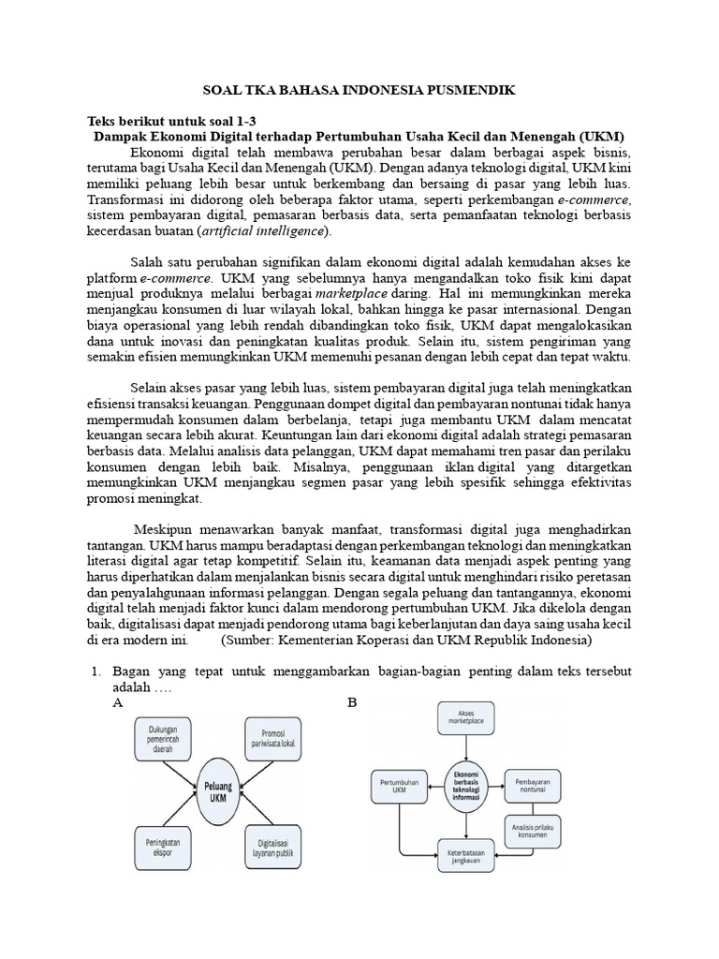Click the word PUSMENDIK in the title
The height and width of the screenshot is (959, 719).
pyautogui.click(x=472, y=91)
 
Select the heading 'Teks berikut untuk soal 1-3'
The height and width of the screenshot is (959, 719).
pyautogui.click(x=169, y=122)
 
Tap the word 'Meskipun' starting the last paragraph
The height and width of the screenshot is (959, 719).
pyautogui.click(x=164, y=527)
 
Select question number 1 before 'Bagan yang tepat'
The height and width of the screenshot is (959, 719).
pyautogui.click(x=95, y=671)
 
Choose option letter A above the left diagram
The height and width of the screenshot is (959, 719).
pyautogui.click(x=118, y=702)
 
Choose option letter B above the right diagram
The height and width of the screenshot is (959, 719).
pyautogui.click(x=353, y=702)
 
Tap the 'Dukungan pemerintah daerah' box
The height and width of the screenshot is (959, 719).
pyautogui.click(x=169, y=741)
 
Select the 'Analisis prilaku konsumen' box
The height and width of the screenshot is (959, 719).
pyautogui.click(x=536, y=828)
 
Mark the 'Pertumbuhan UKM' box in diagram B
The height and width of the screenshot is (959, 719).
pyautogui.click(x=401, y=785)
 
